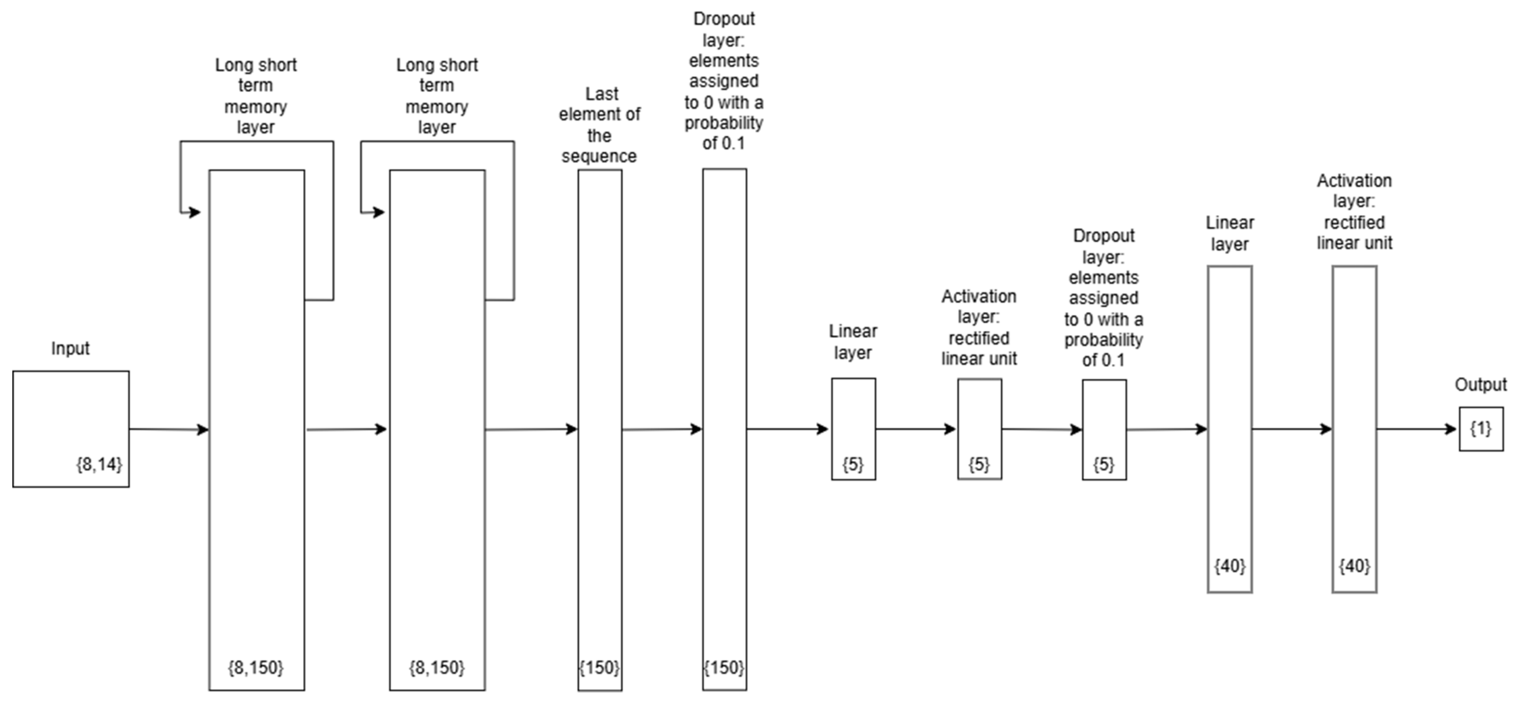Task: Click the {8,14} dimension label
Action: [x=99, y=465]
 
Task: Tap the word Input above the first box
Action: [x=70, y=348]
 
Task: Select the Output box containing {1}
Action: [x=1480, y=429]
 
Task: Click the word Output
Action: [x=1480, y=385]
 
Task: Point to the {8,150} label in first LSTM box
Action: [x=256, y=667]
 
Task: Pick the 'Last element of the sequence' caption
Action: [x=599, y=125]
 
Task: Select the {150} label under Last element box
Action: [x=599, y=667]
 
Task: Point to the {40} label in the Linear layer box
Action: [x=1230, y=566]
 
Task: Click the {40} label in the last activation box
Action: [x=1354, y=566]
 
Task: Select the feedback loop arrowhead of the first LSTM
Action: [x=194, y=212]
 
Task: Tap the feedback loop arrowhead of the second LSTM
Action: [x=379, y=212]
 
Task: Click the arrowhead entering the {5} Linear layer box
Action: [x=823, y=429]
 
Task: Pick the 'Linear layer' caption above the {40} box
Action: [x=1230, y=233]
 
